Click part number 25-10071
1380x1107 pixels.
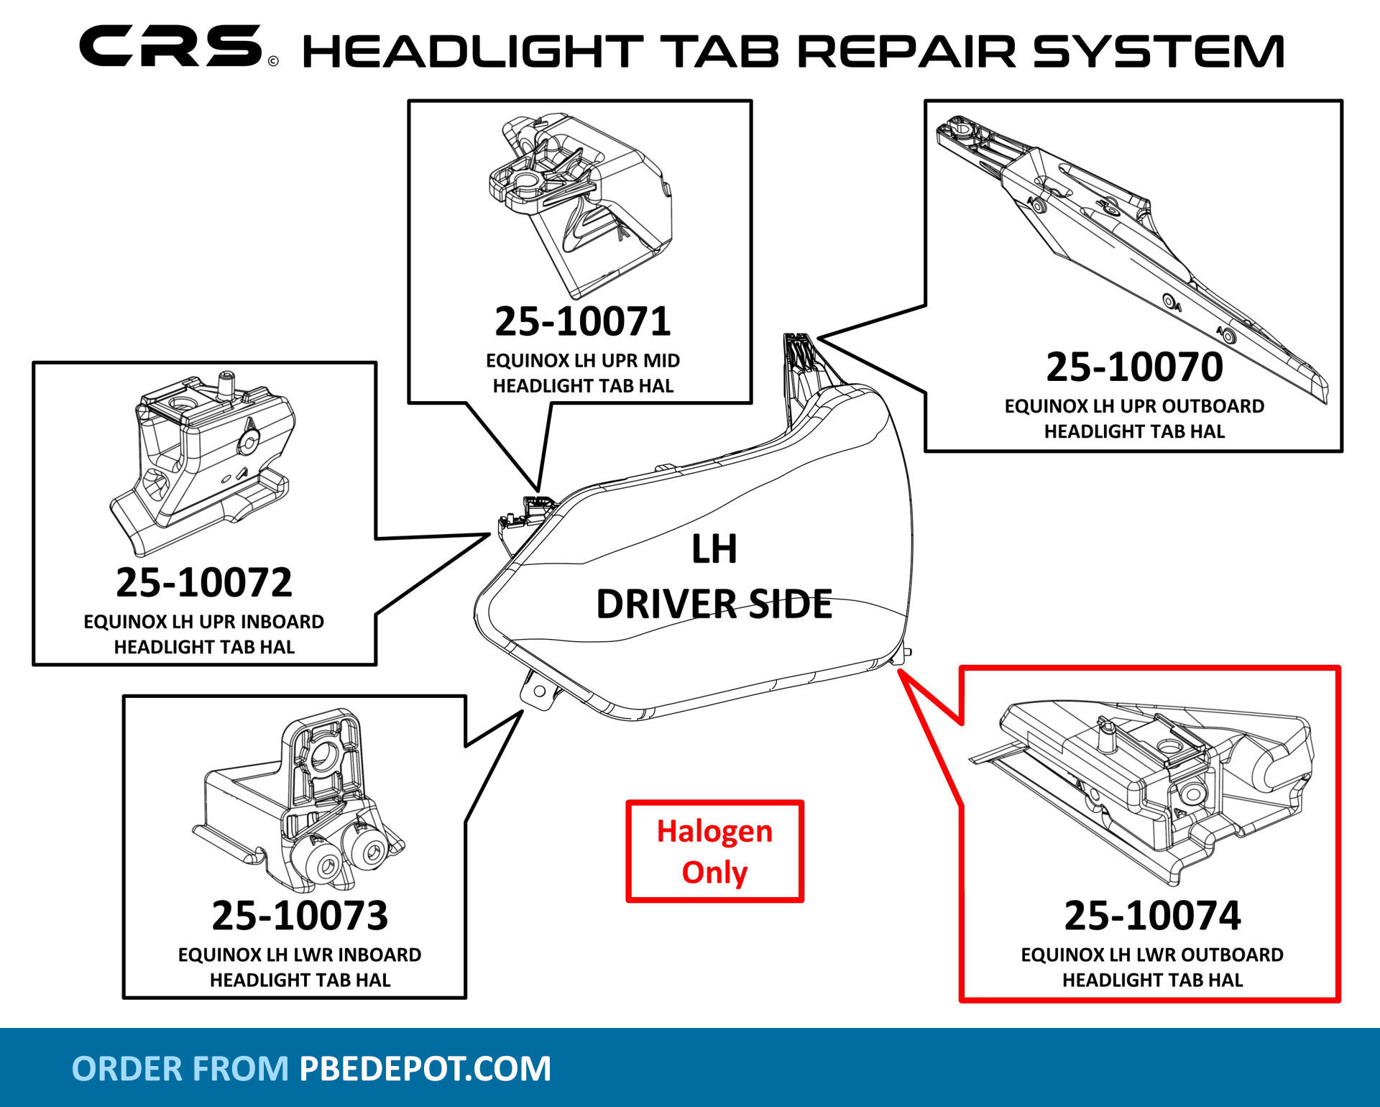coord(582,321)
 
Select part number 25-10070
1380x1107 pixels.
coord(1134,367)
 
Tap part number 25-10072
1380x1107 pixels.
coord(204,582)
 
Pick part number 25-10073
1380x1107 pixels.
coord(300,916)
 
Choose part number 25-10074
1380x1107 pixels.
coord(1152,916)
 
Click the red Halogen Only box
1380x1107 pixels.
coord(714,852)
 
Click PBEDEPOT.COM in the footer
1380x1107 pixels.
coord(425,1069)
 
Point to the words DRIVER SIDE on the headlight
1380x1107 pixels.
coord(714,604)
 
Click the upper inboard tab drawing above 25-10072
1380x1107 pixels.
coord(205,460)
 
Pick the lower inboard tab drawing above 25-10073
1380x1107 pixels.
coord(302,805)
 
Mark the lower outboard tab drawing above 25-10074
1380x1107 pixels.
coord(1150,791)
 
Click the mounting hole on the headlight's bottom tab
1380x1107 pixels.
coord(539,692)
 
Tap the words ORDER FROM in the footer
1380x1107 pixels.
coord(180,1069)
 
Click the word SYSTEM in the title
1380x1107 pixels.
coord(1158,52)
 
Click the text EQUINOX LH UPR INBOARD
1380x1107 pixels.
coord(204,622)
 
